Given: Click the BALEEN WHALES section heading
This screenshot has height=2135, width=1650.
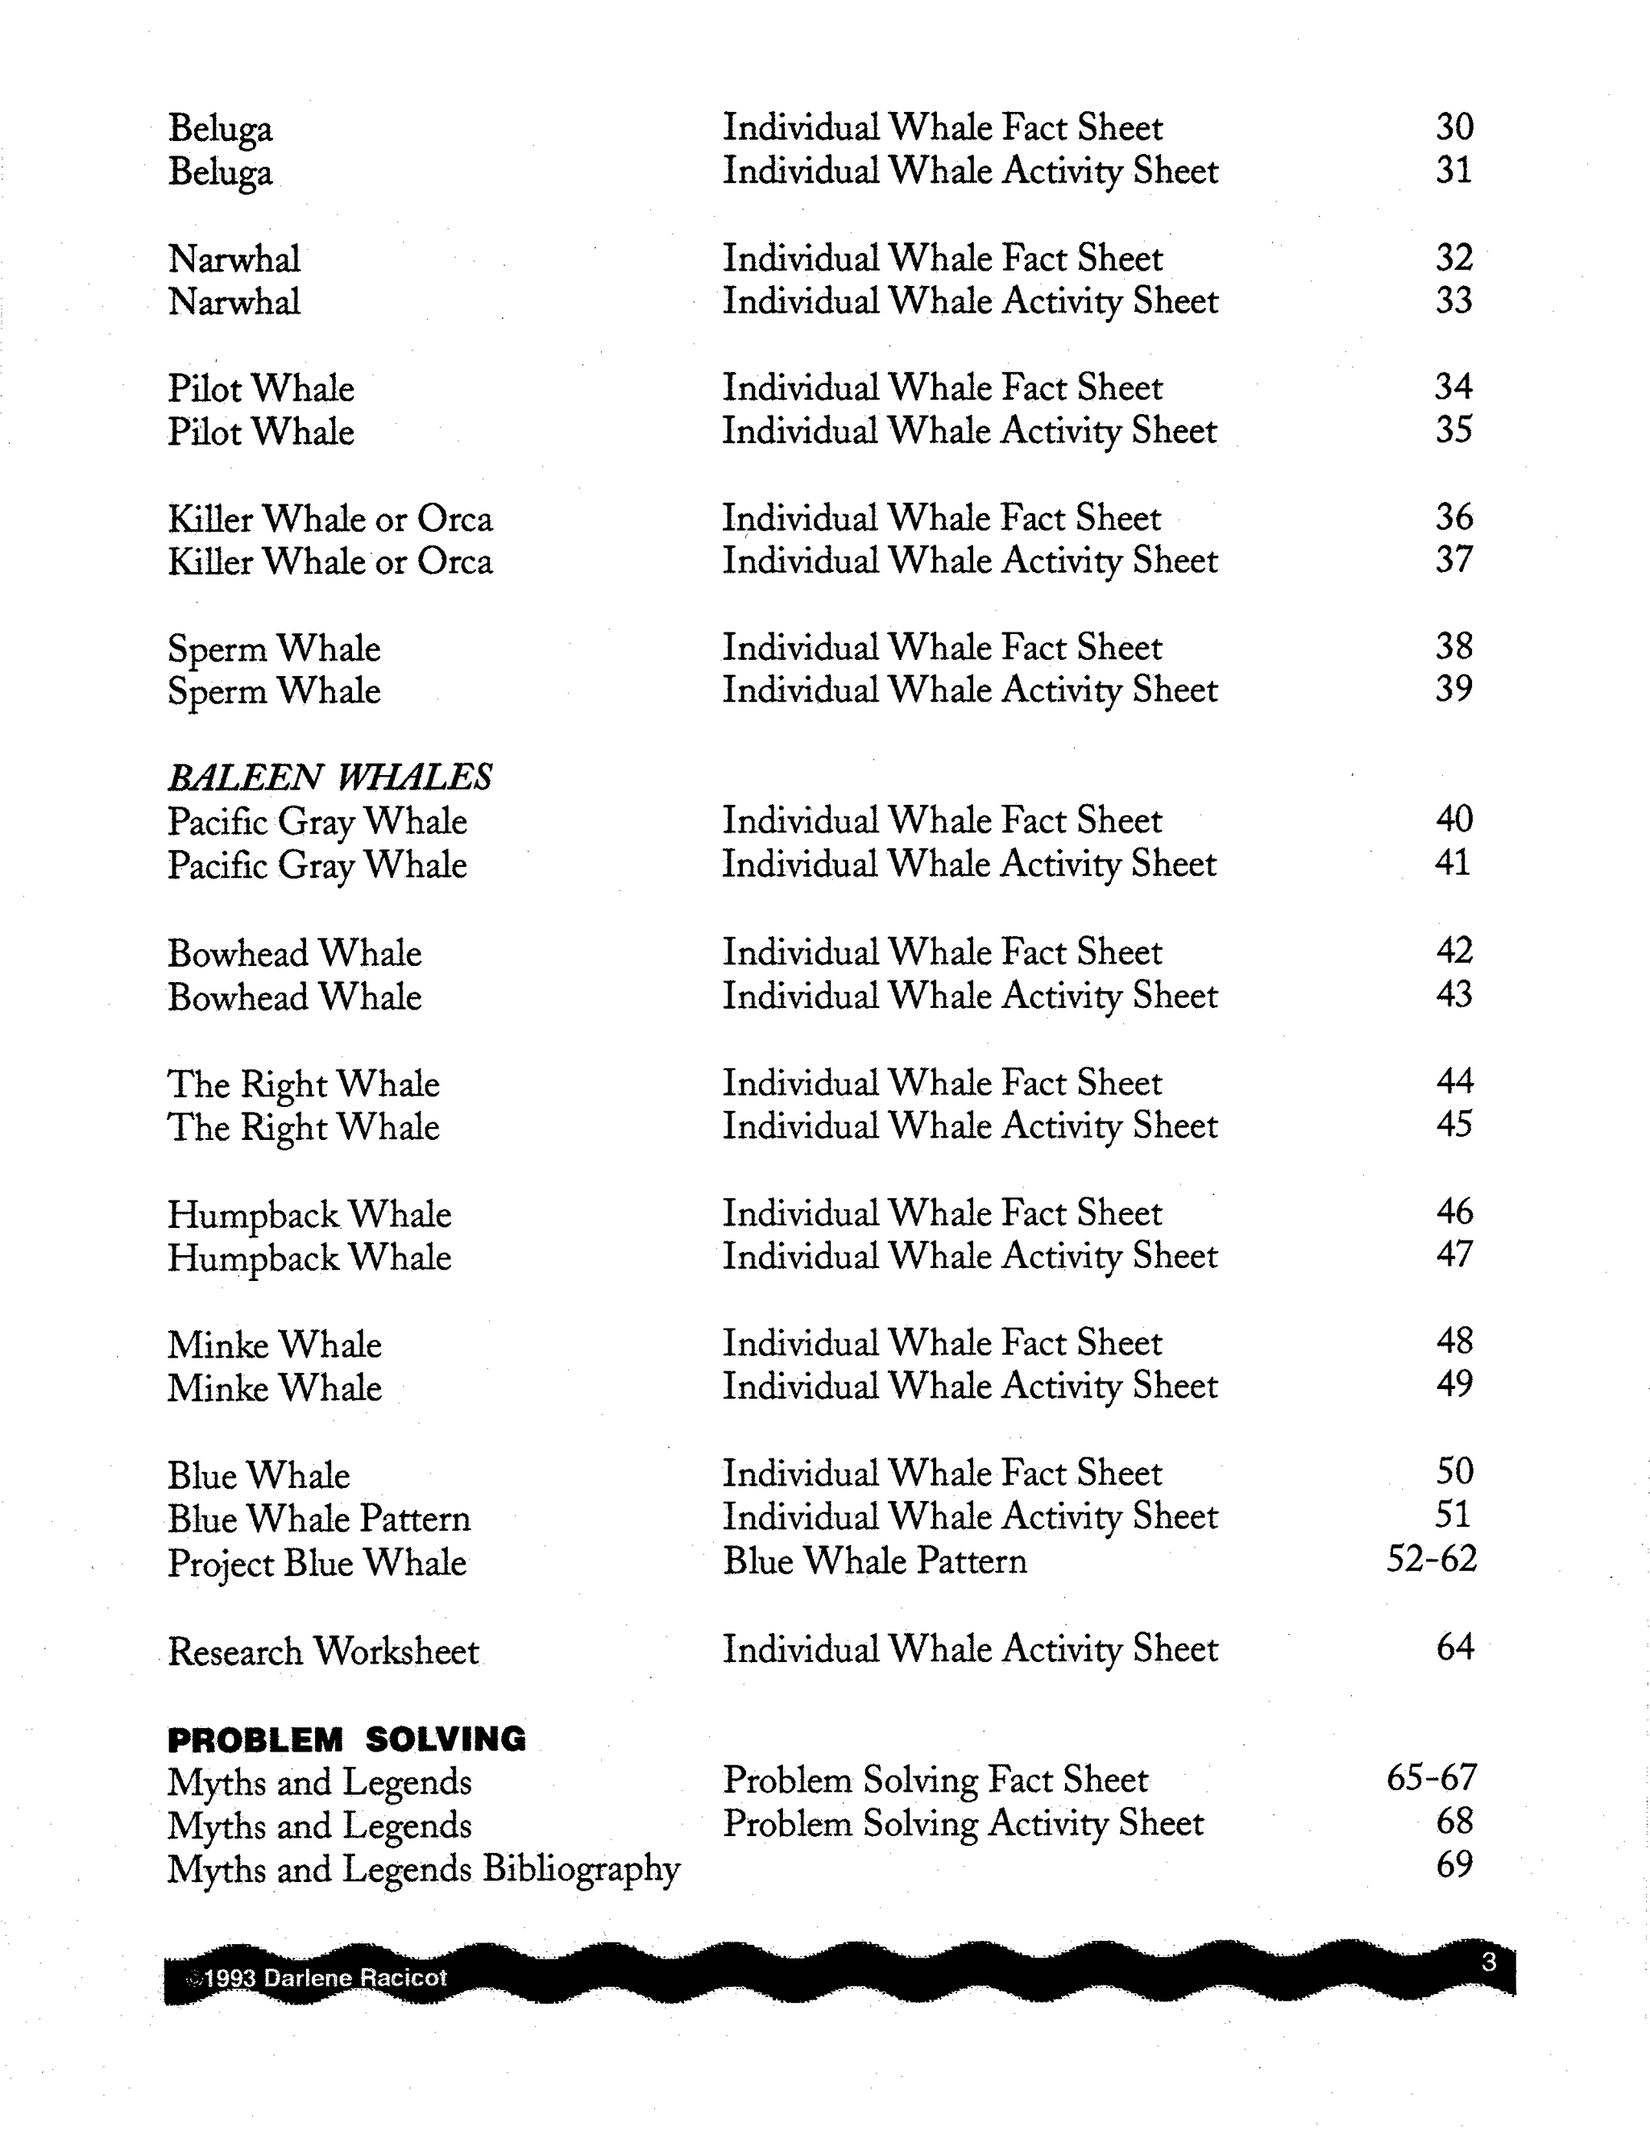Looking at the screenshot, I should (330, 777).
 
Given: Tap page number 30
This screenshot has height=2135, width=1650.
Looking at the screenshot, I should (1454, 127).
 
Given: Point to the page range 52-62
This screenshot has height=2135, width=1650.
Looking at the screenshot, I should (1431, 1559).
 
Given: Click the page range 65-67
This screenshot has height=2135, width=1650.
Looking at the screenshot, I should (1431, 1778).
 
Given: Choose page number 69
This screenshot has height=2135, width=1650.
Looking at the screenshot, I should (1454, 1865).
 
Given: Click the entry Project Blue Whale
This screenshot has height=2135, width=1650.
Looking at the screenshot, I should (317, 1562).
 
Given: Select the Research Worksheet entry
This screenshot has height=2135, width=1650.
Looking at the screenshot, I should (324, 1651).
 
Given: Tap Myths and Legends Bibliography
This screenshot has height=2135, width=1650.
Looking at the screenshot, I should (423, 1869).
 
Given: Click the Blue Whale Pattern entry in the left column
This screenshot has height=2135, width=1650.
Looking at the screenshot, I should (319, 1518).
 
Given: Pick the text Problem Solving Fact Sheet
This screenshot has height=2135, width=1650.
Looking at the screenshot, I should (935, 1781).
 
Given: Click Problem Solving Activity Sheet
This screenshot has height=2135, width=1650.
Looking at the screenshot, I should (963, 1823).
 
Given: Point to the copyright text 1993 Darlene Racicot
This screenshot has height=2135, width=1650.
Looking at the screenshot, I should (325, 1978).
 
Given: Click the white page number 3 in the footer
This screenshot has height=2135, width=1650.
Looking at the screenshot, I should (1489, 1962).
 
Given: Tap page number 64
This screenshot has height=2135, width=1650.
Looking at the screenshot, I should (1454, 1648).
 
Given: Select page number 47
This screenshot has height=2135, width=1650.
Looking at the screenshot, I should (1454, 1254).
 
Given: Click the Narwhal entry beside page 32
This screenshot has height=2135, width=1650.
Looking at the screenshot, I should (234, 259).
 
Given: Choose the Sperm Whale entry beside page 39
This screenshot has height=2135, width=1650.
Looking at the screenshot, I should (274, 691).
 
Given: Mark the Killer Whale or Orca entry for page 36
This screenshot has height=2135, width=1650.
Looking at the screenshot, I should (330, 518).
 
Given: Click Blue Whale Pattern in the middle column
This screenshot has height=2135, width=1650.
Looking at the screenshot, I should (875, 1561).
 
